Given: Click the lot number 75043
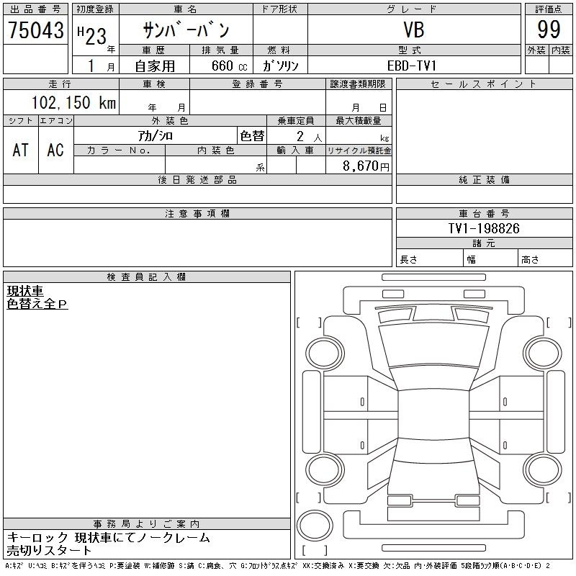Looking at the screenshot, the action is [36, 30].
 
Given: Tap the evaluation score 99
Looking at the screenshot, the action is [549, 30].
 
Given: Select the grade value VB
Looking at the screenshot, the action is [414, 30].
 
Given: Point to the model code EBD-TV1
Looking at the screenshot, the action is [412, 66].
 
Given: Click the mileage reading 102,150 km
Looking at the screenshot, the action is [73, 102].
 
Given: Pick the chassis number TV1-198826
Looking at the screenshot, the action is [484, 228].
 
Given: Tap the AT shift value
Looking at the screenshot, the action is [20, 150].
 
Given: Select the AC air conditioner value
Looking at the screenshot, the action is [55, 150].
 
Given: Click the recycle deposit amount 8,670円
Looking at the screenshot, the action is [366, 166].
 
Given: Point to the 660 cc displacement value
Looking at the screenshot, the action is [229, 66].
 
